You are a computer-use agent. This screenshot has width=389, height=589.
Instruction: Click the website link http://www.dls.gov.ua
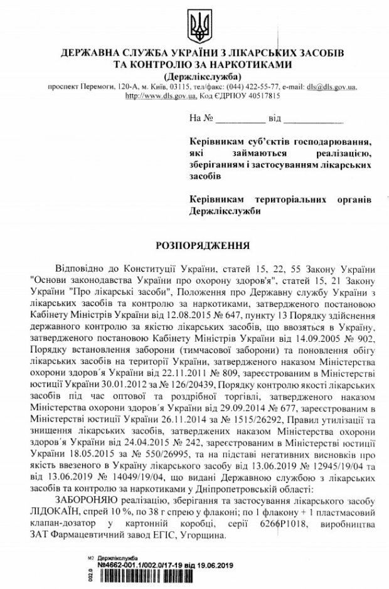tap(161, 97)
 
